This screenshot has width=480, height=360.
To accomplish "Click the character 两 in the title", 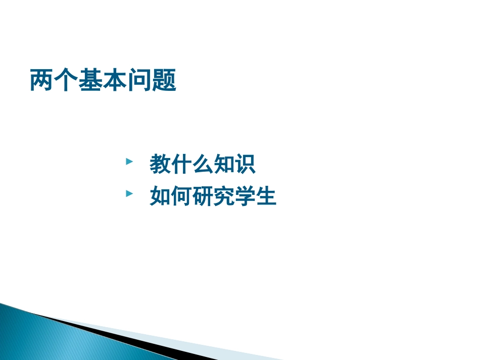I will pyautogui.click(x=42, y=80).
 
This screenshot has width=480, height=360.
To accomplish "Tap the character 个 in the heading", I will pyautogui.click(x=67, y=80).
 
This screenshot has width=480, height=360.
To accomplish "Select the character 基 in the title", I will pyautogui.click(x=91, y=80).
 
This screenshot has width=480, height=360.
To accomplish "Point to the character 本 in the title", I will pyautogui.click(x=115, y=80).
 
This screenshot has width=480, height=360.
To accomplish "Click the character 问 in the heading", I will pyautogui.click(x=140, y=80).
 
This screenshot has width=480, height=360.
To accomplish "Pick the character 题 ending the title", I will pyautogui.click(x=164, y=80).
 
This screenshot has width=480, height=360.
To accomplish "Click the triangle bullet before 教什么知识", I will pyautogui.click(x=129, y=162).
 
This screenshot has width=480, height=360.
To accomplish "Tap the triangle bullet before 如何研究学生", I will pyautogui.click(x=129, y=194).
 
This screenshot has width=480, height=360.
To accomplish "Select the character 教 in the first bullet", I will pyautogui.click(x=160, y=165).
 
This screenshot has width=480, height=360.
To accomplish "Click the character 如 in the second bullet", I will pyautogui.click(x=160, y=196).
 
